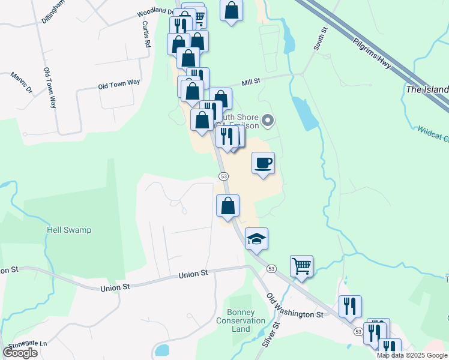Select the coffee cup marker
[264, 163]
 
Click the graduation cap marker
[256, 239]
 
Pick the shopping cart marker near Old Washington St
[301, 265]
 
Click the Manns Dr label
[21, 83]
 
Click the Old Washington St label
[295, 306]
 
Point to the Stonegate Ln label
[26, 344]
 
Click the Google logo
[20, 353]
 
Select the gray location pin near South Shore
[268, 121]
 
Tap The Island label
[427, 89]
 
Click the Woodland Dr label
[155, 11]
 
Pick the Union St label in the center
[193, 274]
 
